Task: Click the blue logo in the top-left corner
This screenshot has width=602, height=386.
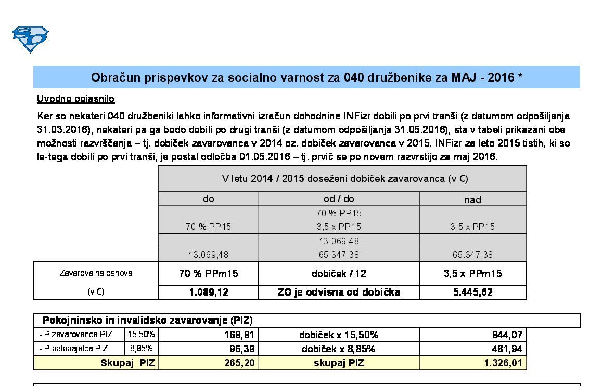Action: (x=30, y=39)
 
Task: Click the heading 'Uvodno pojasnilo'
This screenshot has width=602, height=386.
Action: (x=75, y=99)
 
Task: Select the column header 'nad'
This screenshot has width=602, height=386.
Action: (x=472, y=199)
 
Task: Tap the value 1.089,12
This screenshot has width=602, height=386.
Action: (x=208, y=292)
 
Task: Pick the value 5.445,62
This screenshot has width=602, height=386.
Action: (x=472, y=292)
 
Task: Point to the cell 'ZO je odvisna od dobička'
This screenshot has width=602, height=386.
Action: (x=339, y=292)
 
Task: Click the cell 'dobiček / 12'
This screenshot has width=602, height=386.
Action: (x=339, y=273)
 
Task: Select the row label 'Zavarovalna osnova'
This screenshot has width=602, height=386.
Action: (x=96, y=273)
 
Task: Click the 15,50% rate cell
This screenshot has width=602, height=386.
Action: (x=141, y=335)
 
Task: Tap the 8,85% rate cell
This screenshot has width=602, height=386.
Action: (x=141, y=349)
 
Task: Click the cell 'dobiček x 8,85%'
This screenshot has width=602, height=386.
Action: (x=339, y=349)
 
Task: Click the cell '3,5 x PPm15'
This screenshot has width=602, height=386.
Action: (x=472, y=273)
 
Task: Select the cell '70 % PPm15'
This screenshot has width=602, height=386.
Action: (x=208, y=273)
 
